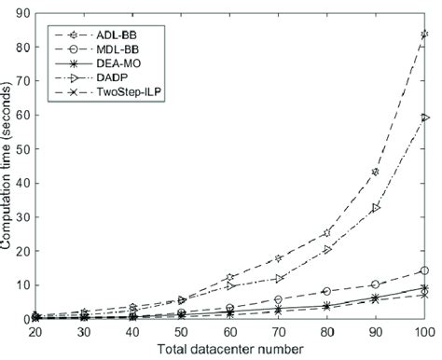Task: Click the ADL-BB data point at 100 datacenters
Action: (424, 35)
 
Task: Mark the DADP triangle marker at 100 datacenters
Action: (424, 118)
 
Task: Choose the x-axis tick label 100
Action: (424, 332)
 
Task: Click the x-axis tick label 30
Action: (85, 332)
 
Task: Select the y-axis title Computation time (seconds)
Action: (7, 166)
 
